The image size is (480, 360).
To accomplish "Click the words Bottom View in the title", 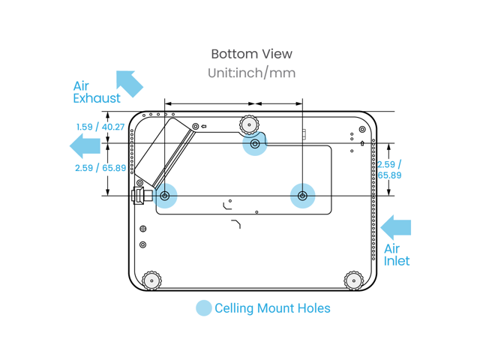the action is pyautogui.click(x=251, y=54).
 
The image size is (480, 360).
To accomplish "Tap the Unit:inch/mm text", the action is pyautogui.click(x=251, y=73).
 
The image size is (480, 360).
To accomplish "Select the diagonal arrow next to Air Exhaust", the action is pyautogui.click(x=129, y=83).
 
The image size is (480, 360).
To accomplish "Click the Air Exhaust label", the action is pyautogui.click(x=97, y=91).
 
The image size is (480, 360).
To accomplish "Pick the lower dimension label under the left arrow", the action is pyautogui.click(x=100, y=169).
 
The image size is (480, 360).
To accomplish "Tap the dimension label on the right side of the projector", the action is pyautogui.click(x=389, y=169).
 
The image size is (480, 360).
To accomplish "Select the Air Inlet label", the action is pyautogui.click(x=397, y=255).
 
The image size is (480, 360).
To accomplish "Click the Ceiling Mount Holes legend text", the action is pyautogui.click(x=272, y=308).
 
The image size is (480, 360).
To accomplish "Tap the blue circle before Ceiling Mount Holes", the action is pyautogui.click(x=203, y=308).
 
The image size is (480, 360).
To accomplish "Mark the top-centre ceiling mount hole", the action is pyautogui.click(x=255, y=143).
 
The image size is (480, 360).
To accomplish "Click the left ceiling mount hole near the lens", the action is pyautogui.click(x=166, y=196).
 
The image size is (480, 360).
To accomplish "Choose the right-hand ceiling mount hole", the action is pyautogui.click(x=302, y=196).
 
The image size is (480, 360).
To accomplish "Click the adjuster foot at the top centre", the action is pyautogui.click(x=248, y=123).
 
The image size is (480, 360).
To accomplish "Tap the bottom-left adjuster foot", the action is pyautogui.click(x=151, y=280).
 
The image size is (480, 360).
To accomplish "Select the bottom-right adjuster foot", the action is pyautogui.click(x=352, y=280).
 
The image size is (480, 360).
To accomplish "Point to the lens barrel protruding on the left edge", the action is pyautogui.click(x=139, y=196).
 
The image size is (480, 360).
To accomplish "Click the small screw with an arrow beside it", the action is pyautogui.click(x=196, y=126).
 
